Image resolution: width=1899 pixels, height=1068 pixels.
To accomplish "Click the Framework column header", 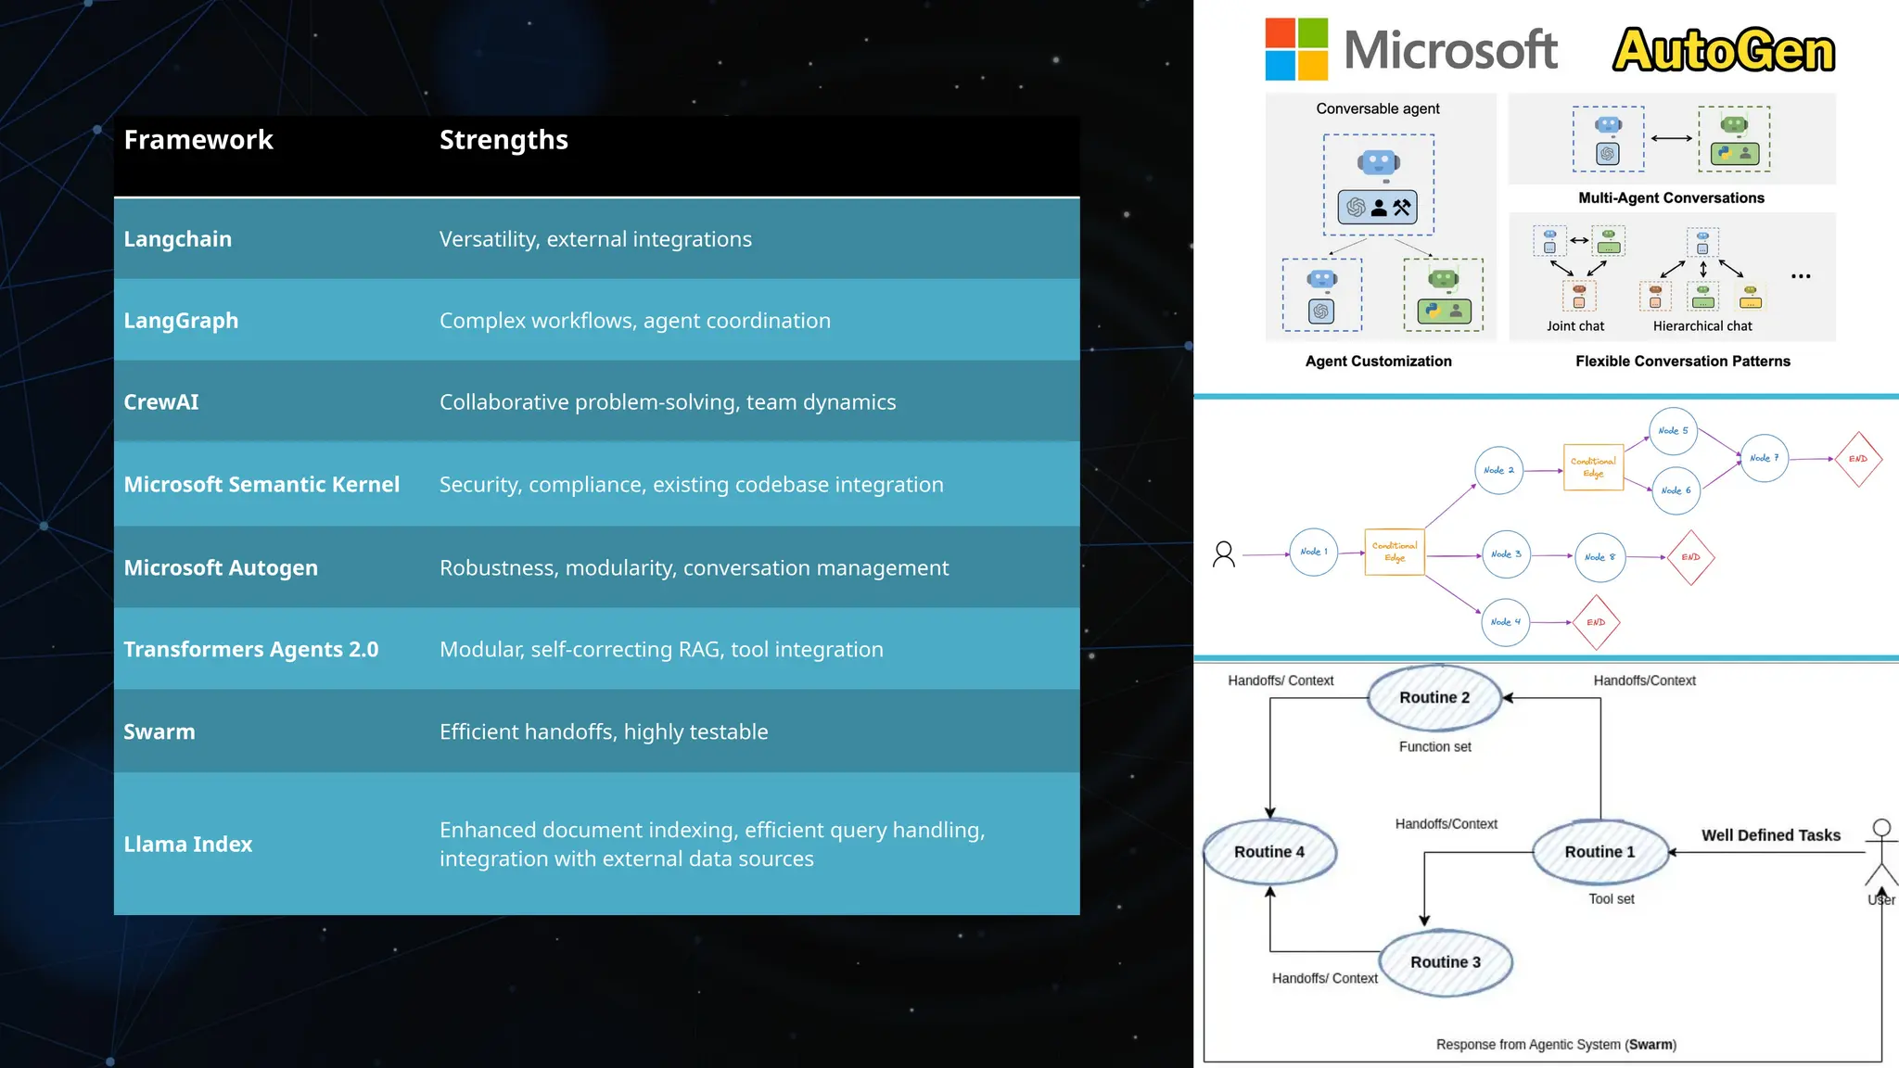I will coord(198,140).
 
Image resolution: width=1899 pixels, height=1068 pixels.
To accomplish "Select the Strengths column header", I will coord(503,140).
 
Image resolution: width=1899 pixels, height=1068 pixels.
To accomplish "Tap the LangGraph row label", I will coord(181,321).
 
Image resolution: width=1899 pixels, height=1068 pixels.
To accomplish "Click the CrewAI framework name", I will coord(161,402).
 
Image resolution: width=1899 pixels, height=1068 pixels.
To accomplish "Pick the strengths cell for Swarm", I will coord(604,732).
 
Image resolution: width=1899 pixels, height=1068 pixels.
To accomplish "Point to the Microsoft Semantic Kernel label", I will coord(261,485).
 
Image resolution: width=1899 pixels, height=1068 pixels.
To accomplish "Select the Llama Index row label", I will coord(188,845).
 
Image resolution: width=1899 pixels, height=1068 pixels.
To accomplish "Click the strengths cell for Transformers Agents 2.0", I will coord(661,650).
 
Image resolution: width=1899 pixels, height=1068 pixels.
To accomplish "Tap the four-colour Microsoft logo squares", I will coord(1296,49).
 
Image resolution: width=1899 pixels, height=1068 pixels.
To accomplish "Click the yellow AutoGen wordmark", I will coord(1724,51).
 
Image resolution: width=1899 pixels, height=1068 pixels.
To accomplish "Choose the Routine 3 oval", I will coord(1446,962).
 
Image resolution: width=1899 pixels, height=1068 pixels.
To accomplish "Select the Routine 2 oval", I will coord(1434,698).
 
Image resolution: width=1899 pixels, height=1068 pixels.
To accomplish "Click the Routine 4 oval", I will coord(1269,852).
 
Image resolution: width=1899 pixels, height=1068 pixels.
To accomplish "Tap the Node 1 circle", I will coord(1314,553).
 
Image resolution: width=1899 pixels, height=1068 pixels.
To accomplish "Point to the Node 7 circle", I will coord(1764,458).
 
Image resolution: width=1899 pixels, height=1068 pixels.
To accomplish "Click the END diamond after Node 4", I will coord(1596,622).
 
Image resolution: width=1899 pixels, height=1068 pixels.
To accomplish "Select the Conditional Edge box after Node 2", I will coord(1593,467).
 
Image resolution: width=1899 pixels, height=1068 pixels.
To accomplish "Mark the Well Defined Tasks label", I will coord(1770,835).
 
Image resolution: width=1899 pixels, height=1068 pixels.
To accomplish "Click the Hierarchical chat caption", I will coord(1702,326).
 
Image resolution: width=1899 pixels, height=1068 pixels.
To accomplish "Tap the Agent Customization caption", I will coord(1378,362).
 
